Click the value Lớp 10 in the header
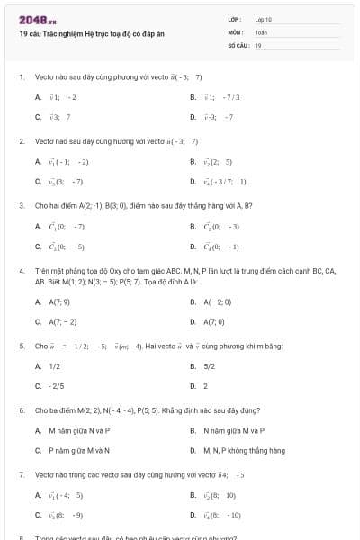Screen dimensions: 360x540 [264, 19]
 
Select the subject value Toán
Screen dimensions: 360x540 [262, 31]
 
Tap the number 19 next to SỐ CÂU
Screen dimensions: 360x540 [258, 44]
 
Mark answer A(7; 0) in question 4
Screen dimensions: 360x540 [214, 321]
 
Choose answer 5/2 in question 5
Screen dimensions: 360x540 [209, 366]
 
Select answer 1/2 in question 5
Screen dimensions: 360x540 [54, 366]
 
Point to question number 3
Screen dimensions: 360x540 [21, 205]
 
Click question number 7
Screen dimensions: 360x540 [21, 473]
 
